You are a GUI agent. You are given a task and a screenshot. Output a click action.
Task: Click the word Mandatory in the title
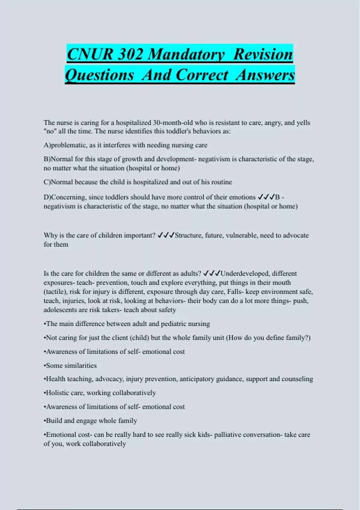[186, 54]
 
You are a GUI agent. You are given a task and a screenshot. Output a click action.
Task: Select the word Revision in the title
[263, 54]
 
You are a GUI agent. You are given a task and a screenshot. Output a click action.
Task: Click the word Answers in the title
[265, 75]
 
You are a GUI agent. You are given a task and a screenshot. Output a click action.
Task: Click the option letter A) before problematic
[47, 145]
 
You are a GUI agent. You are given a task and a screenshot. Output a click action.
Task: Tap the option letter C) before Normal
[47, 182]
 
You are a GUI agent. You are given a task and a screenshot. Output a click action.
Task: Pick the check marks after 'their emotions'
[266, 197]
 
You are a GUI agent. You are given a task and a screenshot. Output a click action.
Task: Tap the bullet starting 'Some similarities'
[70, 366]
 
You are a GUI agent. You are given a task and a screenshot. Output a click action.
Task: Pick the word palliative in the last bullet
[227, 435]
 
